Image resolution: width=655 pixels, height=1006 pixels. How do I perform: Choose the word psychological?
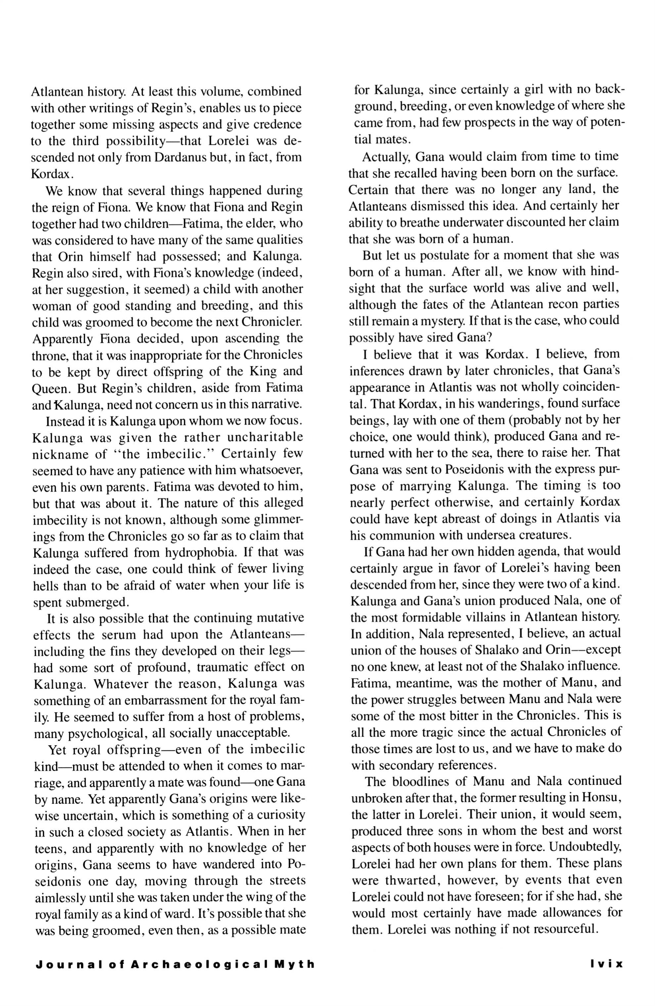[x=111, y=733]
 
